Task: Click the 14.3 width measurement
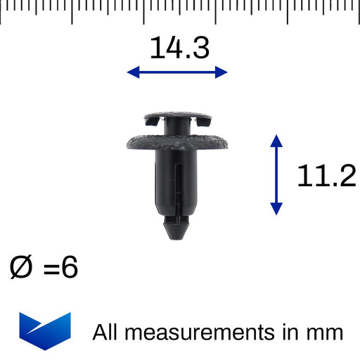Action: (x=179, y=49)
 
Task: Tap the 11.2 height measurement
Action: (x=326, y=176)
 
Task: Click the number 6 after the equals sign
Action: (x=69, y=268)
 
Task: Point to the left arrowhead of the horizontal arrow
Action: (x=132, y=72)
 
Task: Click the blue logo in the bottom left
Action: (x=45, y=330)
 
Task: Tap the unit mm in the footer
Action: (x=326, y=332)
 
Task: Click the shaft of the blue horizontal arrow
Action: (x=177, y=72)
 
